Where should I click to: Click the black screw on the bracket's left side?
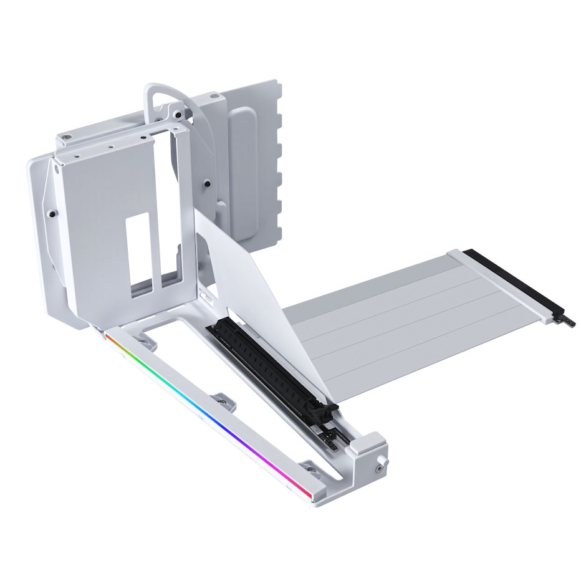pyautogui.click(x=54, y=214)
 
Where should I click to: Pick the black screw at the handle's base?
pyautogui.click(x=178, y=115)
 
